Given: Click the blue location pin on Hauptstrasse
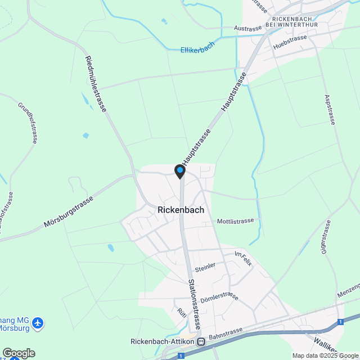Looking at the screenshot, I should coord(180,170).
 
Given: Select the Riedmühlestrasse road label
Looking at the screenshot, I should coord(96,83).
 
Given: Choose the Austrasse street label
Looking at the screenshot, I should coord(248,28).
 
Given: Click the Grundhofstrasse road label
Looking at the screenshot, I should coord(27,122).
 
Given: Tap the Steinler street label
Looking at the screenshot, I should coord(206,265).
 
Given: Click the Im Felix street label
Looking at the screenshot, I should coord(244,259).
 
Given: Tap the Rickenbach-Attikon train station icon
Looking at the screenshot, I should coord(201,341).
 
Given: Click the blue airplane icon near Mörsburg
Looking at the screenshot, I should coord(38,323).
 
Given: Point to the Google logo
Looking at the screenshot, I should coord(18,353).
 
